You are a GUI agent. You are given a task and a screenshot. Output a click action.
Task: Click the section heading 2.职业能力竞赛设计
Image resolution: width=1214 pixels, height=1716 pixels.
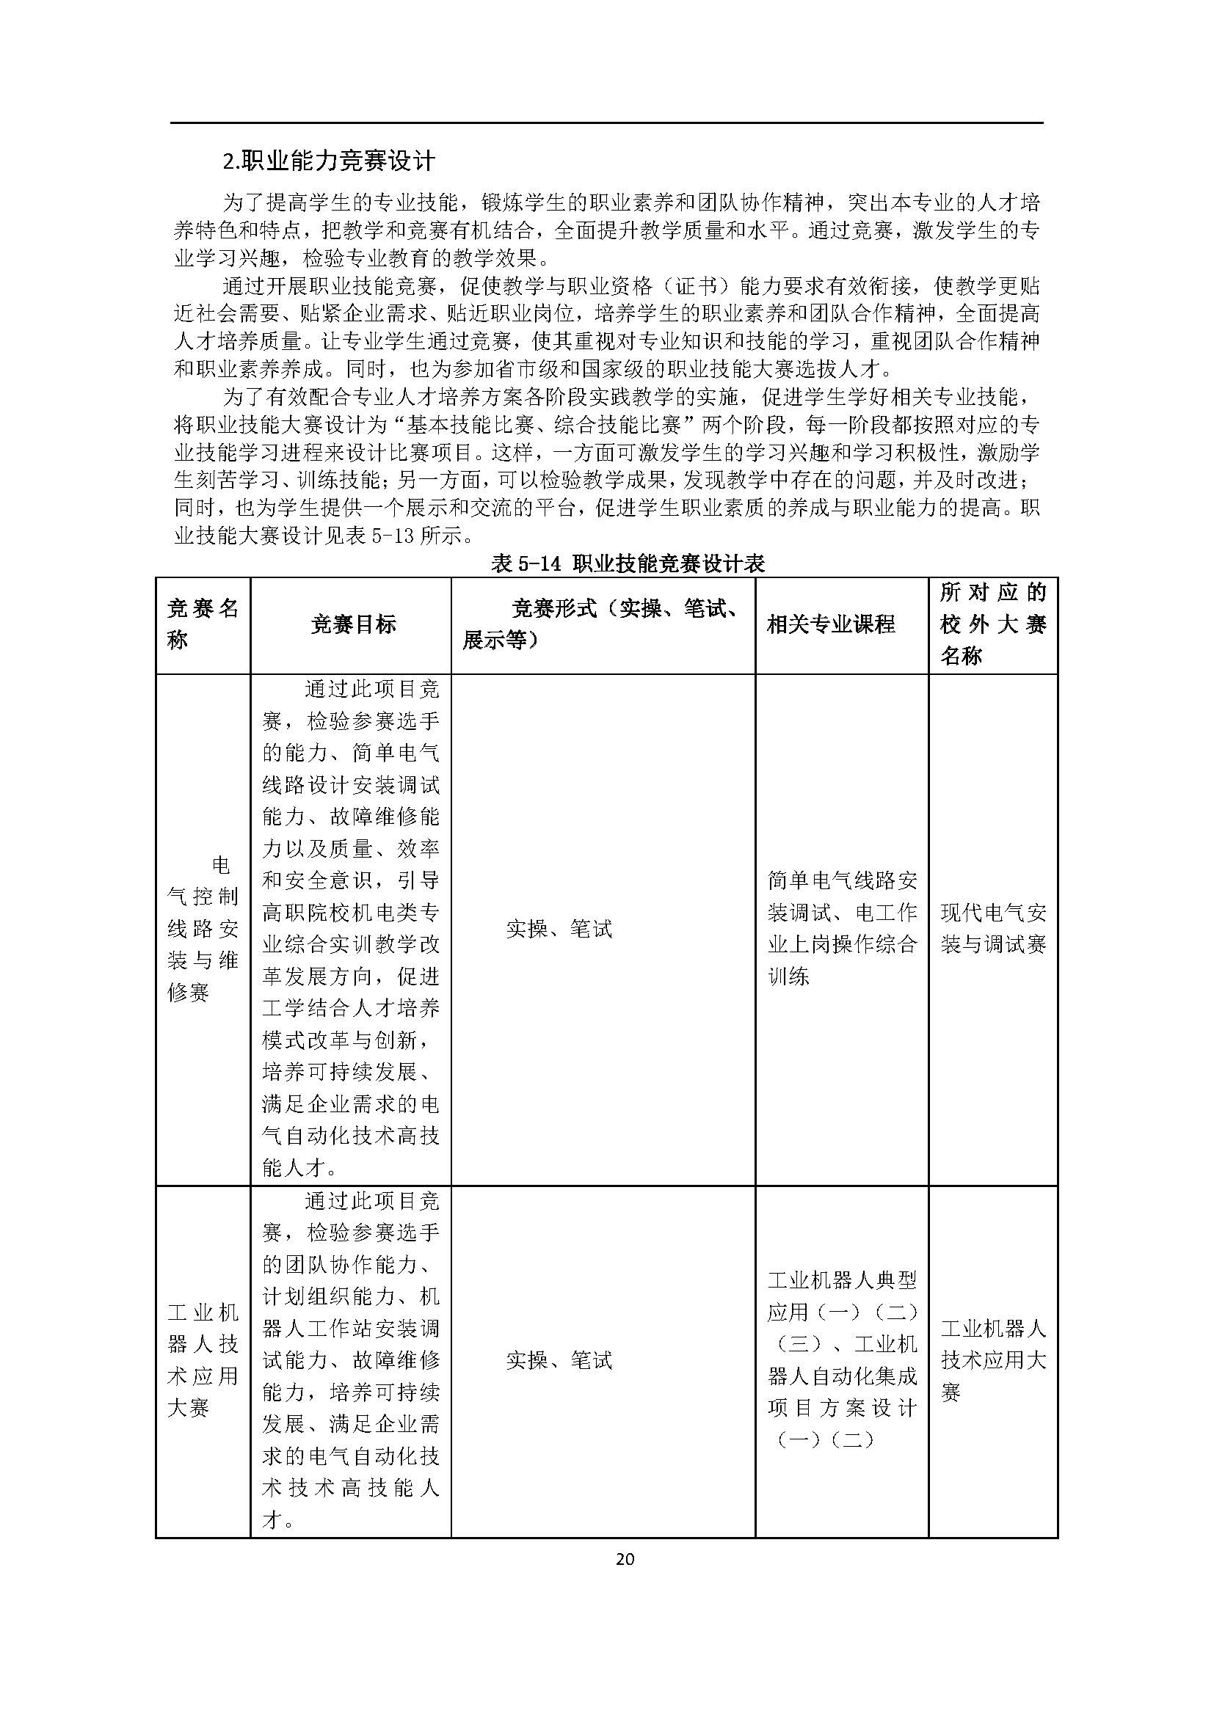coord(329,161)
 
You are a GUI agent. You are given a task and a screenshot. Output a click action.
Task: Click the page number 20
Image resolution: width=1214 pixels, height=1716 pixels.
coord(625,1558)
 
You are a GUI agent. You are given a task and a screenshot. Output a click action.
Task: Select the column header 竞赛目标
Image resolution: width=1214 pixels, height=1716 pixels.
coord(353,625)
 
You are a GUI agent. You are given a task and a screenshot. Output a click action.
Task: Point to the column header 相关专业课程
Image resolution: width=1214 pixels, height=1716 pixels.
coord(831,625)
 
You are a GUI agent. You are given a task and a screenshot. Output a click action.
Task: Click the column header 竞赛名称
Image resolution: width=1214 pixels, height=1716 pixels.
coord(203,625)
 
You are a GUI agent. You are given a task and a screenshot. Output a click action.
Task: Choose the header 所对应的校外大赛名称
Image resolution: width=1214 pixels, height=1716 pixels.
coord(993,625)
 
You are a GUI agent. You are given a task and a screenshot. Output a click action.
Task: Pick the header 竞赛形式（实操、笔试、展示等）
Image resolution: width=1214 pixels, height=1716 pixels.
coord(603,625)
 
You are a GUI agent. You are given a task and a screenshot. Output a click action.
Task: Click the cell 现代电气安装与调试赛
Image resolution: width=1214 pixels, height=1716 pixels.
coord(993,928)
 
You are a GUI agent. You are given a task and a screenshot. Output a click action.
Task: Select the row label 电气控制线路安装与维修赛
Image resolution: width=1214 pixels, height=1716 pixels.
coord(203,928)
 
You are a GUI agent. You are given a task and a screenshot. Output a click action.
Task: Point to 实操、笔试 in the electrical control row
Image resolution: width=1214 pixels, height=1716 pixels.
coord(559,929)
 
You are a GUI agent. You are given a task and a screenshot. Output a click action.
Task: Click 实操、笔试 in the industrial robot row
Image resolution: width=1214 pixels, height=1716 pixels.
coord(559,1360)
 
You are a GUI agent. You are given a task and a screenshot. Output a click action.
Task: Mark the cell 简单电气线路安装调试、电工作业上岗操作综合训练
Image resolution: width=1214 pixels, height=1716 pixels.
coord(842,928)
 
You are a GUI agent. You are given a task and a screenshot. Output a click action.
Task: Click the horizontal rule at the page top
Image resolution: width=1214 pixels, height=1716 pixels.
coord(606,123)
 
